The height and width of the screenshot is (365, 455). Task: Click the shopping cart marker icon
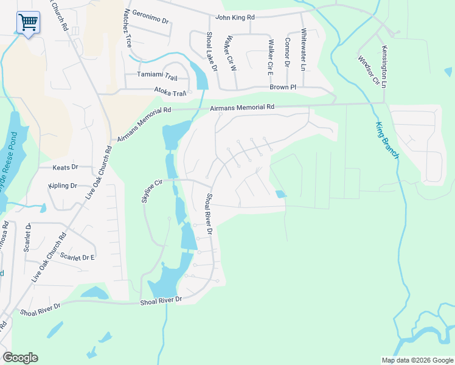tap(28, 23)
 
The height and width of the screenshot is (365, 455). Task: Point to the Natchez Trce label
tap(128, 29)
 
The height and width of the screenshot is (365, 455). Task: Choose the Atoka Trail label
tap(171, 93)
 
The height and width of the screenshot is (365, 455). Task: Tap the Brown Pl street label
tap(283, 88)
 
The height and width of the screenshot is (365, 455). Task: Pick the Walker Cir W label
tap(231, 54)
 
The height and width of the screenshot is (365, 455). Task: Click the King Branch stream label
tap(386, 140)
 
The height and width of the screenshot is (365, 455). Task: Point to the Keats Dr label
tap(66, 167)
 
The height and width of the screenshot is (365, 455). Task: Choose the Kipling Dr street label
tap(63, 186)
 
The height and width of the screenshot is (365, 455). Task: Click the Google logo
tap(20, 358)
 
